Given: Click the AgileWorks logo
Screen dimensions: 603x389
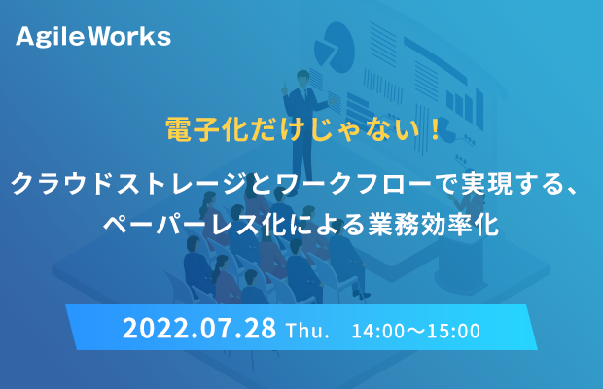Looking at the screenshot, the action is (93, 37).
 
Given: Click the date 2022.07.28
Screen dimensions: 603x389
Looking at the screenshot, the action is (199, 329).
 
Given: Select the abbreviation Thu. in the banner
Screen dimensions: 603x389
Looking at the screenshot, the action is (307, 331).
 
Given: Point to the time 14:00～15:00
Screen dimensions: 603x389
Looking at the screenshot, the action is (416, 331).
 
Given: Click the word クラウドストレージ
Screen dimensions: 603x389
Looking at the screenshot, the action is (129, 184).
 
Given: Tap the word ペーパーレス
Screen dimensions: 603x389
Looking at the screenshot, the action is (182, 224).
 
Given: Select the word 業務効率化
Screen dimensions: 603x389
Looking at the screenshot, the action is (434, 224).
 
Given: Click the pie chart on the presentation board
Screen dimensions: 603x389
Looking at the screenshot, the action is (334, 48).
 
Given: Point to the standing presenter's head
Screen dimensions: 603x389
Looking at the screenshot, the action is (303, 77).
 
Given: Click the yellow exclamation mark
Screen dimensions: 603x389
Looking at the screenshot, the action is (436, 129).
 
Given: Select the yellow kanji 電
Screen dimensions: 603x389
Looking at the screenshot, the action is (178, 129).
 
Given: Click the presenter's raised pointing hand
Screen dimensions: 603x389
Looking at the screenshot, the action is (285, 88).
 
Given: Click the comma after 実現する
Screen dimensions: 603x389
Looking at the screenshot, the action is (571, 191).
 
